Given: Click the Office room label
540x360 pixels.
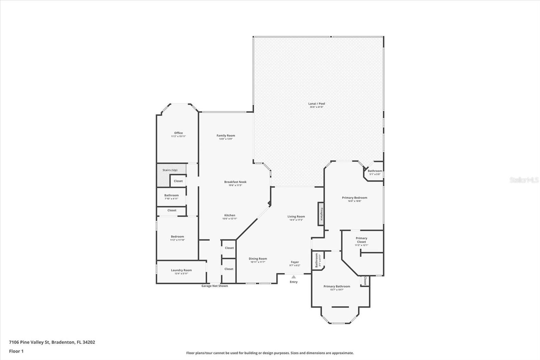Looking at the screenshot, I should [x=178, y=133].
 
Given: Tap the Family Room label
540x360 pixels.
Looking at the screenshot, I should [x=226, y=135].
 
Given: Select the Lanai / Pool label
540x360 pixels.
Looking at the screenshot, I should [x=317, y=104].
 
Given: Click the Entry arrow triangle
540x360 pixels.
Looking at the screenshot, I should [x=294, y=277].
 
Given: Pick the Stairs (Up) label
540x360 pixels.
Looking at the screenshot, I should [x=170, y=170].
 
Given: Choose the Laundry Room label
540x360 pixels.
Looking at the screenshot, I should [x=181, y=270].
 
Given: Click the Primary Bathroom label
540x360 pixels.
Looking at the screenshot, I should [x=336, y=286].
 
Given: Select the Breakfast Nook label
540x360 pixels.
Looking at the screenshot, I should [x=235, y=182].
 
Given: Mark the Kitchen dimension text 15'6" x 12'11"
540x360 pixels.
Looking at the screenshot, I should [x=230, y=219].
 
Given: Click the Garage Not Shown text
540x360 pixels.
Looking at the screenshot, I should [x=215, y=286].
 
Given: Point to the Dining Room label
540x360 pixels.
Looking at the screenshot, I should [x=258, y=259].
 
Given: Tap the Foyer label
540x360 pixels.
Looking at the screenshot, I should [x=295, y=262].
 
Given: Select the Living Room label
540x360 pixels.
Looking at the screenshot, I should [x=296, y=216].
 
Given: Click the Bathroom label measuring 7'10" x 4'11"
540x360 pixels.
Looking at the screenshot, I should [x=171, y=195].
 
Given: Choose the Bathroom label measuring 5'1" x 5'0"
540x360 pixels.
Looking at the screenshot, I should [x=375, y=171].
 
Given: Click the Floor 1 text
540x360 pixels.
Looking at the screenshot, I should [x=16, y=351].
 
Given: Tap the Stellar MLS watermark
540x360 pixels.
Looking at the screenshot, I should [x=524, y=180].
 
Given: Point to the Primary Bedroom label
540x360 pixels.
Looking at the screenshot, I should [x=354, y=198].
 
